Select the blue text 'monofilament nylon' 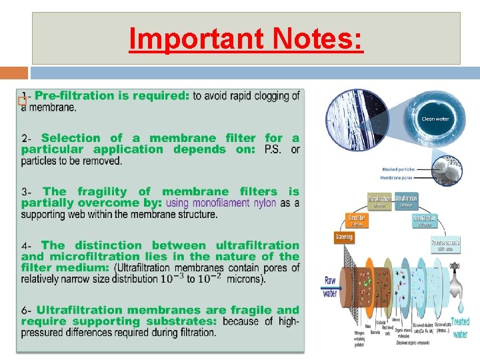[221, 203]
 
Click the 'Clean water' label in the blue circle [435, 119]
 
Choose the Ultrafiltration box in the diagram [407, 199]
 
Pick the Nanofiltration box [425, 219]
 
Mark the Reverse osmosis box [445, 244]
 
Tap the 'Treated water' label [460, 327]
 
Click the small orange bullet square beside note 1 [23, 101]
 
